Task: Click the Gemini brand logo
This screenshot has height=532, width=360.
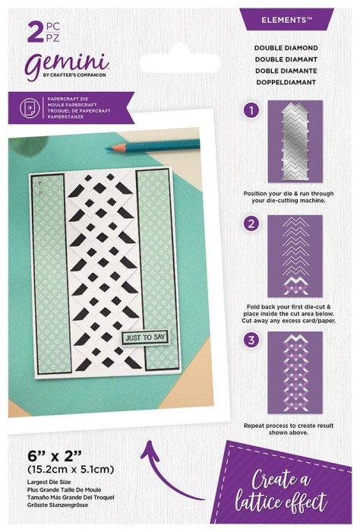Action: (x=67, y=65)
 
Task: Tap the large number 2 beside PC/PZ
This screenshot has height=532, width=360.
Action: (x=35, y=31)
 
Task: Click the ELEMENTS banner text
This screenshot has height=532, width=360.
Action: (x=286, y=20)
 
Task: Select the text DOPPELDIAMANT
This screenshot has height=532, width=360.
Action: (x=286, y=82)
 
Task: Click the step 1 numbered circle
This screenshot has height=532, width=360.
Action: (x=252, y=110)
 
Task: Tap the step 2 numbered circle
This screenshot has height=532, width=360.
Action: (x=252, y=223)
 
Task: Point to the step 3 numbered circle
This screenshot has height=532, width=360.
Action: (x=252, y=340)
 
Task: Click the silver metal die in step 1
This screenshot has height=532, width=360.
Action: (x=295, y=141)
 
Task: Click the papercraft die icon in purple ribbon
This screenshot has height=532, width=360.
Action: (x=27, y=108)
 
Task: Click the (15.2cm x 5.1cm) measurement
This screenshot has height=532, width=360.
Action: (x=71, y=469)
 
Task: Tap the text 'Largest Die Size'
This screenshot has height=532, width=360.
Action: (x=49, y=482)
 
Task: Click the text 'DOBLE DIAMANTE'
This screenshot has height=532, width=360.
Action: (x=286, y=71)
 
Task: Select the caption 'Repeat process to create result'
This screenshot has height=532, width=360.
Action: (x=289, y=426)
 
